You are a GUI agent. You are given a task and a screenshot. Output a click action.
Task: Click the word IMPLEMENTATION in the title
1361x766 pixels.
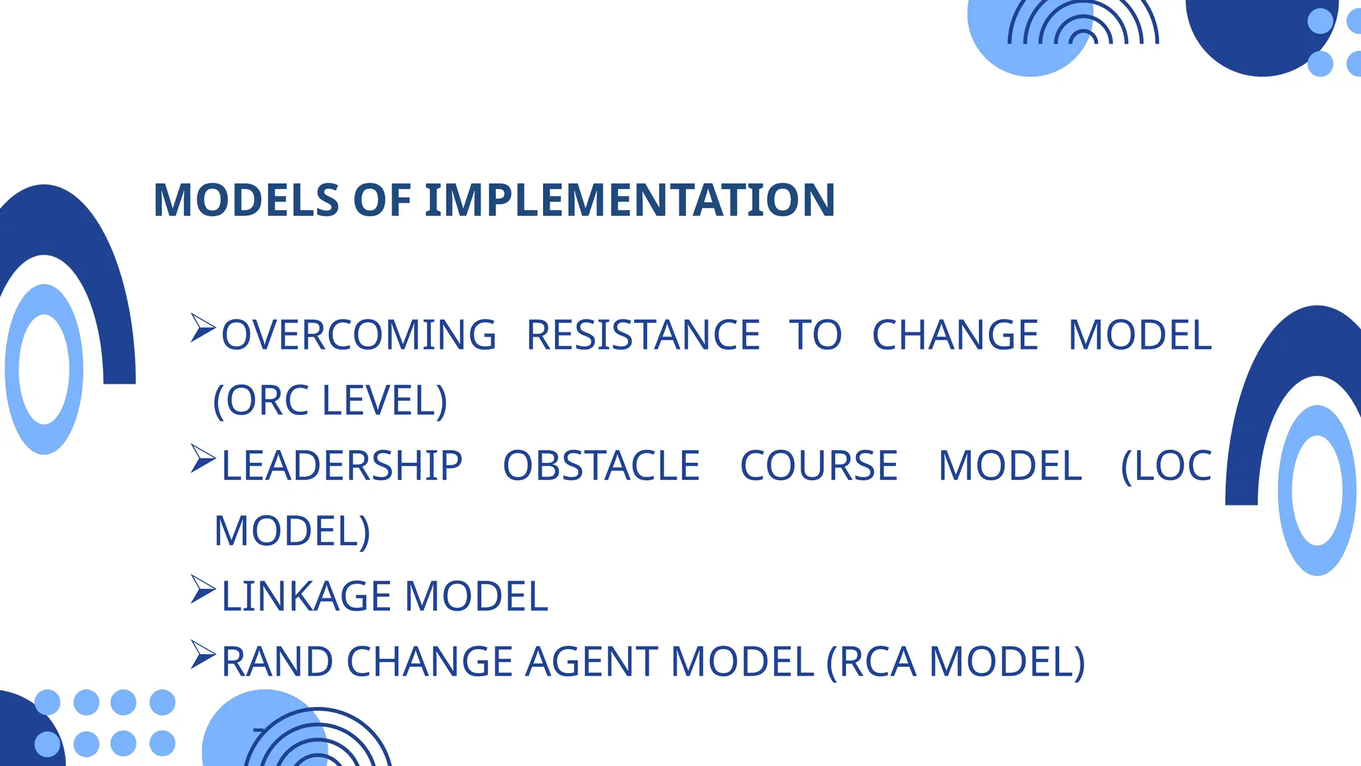click(630, 200)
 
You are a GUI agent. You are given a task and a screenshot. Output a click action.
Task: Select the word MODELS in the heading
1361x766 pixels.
click(247, 200)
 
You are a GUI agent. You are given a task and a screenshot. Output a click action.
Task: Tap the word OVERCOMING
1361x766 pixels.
click(359, 334)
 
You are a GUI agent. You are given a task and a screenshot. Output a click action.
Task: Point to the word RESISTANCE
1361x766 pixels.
click(643, 334)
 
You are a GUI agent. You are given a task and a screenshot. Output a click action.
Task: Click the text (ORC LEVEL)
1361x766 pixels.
click(330, 400)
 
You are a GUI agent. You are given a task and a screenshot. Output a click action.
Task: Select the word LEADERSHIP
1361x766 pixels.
click(342, 465)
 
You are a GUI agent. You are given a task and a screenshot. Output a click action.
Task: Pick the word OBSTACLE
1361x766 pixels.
click(601, 465)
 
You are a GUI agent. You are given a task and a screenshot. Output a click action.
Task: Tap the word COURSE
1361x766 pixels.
click(819, 465)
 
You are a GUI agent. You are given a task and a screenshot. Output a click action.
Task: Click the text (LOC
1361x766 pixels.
click(1166, 465)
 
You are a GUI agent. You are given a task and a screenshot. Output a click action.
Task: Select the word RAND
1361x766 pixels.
click(277, 662)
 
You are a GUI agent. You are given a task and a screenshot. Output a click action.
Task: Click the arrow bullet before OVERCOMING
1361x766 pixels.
click(203, 328)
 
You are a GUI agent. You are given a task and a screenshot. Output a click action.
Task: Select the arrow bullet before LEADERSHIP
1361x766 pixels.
click(203, 459)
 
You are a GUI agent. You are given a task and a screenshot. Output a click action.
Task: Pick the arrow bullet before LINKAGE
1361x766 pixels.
click(203, 589)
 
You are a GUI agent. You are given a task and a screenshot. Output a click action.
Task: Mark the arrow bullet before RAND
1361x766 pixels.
click(203, 654)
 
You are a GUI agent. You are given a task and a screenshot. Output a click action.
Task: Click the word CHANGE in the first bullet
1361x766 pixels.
click(955, 334)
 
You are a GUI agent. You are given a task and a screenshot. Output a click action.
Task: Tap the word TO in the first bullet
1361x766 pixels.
click(815, 334)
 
